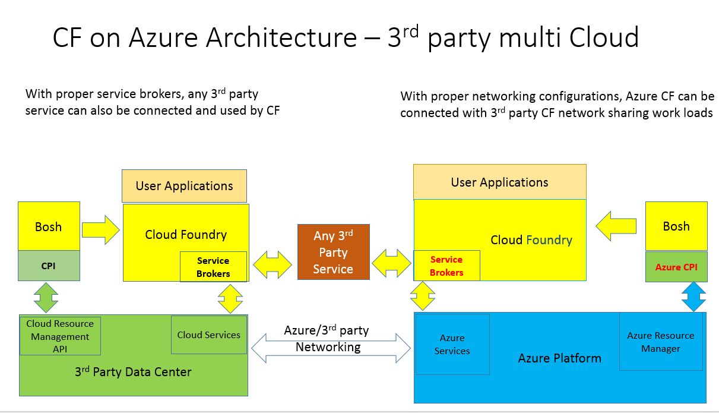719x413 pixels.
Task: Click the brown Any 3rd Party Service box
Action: pos(333,252)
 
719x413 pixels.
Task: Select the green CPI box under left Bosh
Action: pos(49,266)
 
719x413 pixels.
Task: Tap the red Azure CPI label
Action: pos(676,267)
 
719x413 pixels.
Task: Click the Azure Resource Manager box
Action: pos(660,342)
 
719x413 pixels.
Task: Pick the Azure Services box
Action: pos(452,344)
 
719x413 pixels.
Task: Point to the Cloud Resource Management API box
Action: pos(60,336)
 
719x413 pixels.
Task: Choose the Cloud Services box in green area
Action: pos(208,335)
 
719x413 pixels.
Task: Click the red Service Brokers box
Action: pos(446,266)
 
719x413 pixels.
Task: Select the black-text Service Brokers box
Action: pos(213,267)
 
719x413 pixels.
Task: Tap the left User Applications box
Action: pos(184,186)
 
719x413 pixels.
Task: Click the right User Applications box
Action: pos(499,182)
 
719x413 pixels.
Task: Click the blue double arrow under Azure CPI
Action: pos(693,297)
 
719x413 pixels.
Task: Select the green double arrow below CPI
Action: pos(46,297)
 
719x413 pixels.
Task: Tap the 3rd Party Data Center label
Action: pos(133,372)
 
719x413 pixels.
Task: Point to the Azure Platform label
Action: pos(559,358)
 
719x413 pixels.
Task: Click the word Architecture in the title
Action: pos(280,37)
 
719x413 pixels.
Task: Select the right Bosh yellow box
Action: pos(676,226)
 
